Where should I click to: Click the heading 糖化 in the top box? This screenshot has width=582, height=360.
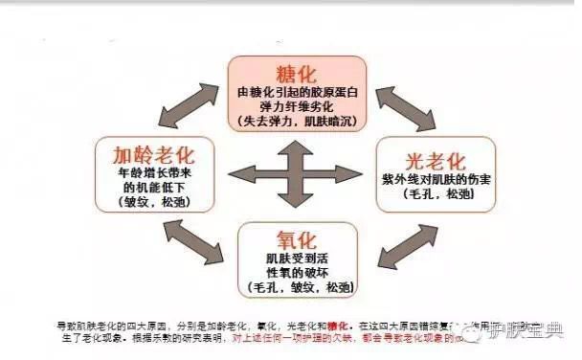[x=295, y=76]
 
